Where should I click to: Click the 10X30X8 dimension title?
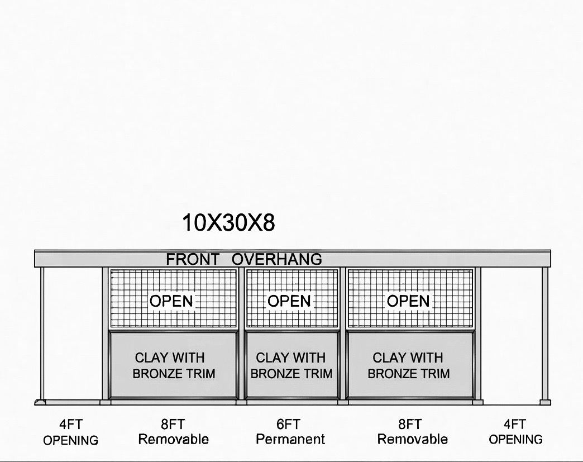[228, 223]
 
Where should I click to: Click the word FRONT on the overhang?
[193, 259]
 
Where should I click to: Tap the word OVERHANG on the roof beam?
[277, 259]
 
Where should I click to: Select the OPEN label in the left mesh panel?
[171, 301]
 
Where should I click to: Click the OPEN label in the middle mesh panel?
[289, 301]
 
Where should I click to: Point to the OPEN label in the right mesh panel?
[408, 301]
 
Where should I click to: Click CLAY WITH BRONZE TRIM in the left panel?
[173, 365]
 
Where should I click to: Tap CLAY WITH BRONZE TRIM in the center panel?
[291, 365]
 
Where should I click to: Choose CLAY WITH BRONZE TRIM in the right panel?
[408, 365]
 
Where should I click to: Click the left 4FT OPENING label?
[71, 432]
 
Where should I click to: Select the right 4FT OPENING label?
[515, 432]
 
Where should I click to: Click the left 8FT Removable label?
[173, 432]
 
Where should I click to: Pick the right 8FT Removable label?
[412, 432]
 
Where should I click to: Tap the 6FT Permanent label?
[290, 432]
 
